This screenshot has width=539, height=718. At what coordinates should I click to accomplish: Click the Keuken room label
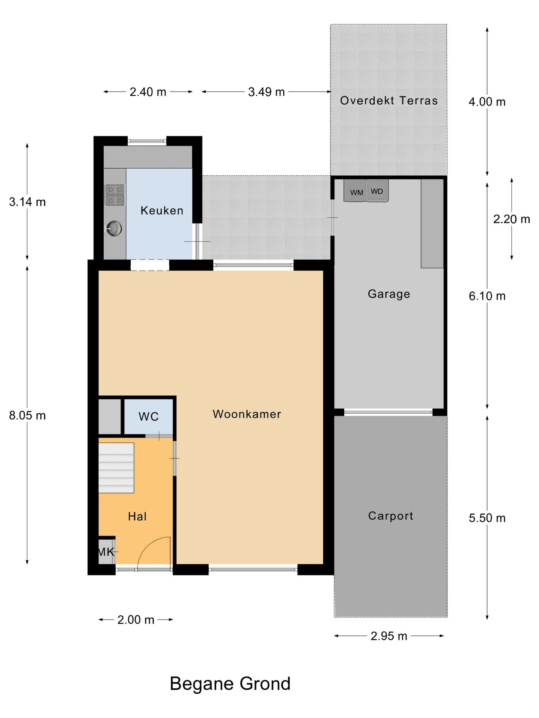162,211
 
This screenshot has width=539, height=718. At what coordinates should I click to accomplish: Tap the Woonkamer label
247,414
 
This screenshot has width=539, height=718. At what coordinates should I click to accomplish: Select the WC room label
149,417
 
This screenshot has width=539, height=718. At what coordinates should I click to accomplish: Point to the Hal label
137,516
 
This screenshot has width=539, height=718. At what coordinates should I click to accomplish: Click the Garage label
389,294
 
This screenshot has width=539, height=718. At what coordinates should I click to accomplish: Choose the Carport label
391,516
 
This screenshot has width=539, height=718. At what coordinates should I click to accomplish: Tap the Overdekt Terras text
389,101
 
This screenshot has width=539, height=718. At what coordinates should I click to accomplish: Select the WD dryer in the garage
377,191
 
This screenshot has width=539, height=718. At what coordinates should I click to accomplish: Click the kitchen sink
114,228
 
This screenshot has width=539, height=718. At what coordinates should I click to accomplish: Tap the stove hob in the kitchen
115,195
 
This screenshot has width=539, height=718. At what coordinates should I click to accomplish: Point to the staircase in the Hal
116,468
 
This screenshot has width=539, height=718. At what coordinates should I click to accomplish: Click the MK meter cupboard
106,552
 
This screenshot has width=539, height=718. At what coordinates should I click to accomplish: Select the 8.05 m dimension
27,415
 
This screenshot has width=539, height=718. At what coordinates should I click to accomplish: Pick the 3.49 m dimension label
267,92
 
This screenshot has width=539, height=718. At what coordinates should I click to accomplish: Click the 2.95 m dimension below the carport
389,636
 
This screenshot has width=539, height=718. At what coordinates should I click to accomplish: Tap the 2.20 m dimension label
512,219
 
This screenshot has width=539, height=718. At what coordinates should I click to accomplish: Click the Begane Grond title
230,684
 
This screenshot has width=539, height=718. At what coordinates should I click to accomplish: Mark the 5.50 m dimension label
487,518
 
